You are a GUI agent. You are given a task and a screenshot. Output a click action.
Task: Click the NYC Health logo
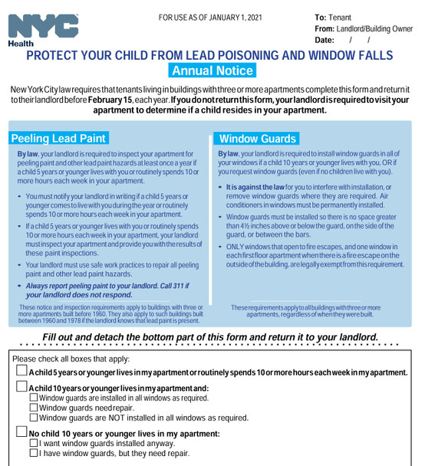(43, 29)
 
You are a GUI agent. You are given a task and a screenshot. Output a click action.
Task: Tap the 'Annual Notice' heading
(213, 71)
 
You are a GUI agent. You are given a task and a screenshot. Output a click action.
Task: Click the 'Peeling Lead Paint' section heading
(58, 139)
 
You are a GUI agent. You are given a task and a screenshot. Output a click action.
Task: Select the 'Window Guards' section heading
(257, 139)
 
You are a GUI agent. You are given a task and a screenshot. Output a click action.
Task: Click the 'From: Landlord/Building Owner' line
(363, 29)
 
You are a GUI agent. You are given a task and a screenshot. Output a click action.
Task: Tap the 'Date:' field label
(325, 41)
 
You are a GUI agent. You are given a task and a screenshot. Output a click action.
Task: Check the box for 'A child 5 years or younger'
(21, 372)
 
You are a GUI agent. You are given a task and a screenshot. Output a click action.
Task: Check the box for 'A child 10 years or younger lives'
(21, 388)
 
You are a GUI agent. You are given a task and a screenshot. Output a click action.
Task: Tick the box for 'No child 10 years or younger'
(21, 433)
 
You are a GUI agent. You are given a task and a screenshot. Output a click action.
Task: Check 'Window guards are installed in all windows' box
(33, 399)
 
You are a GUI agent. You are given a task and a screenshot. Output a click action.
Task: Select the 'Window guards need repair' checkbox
(33, 409)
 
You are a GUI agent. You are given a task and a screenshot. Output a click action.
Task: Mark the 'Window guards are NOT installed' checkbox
(33, 418)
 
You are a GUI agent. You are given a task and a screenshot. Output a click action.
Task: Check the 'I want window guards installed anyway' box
(33, 444)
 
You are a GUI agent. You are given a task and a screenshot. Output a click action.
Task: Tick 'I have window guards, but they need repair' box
(33, 454)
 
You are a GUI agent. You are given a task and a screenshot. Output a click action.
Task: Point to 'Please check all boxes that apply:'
(71, 359)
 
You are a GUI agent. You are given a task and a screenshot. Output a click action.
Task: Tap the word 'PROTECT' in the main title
(58, 55)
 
